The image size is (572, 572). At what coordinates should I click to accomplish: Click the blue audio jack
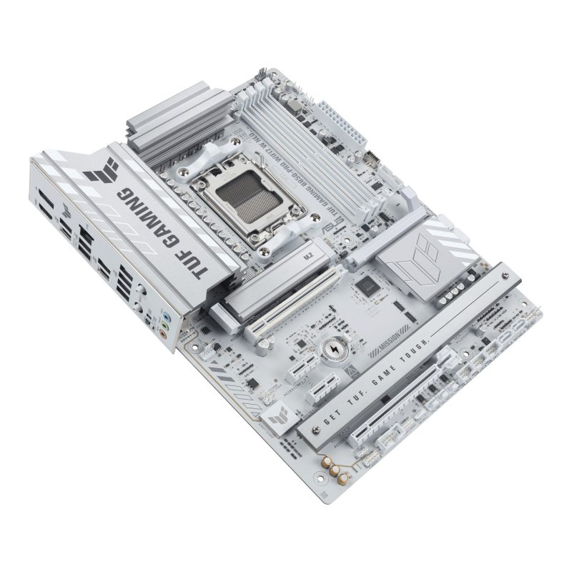(167, 314)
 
